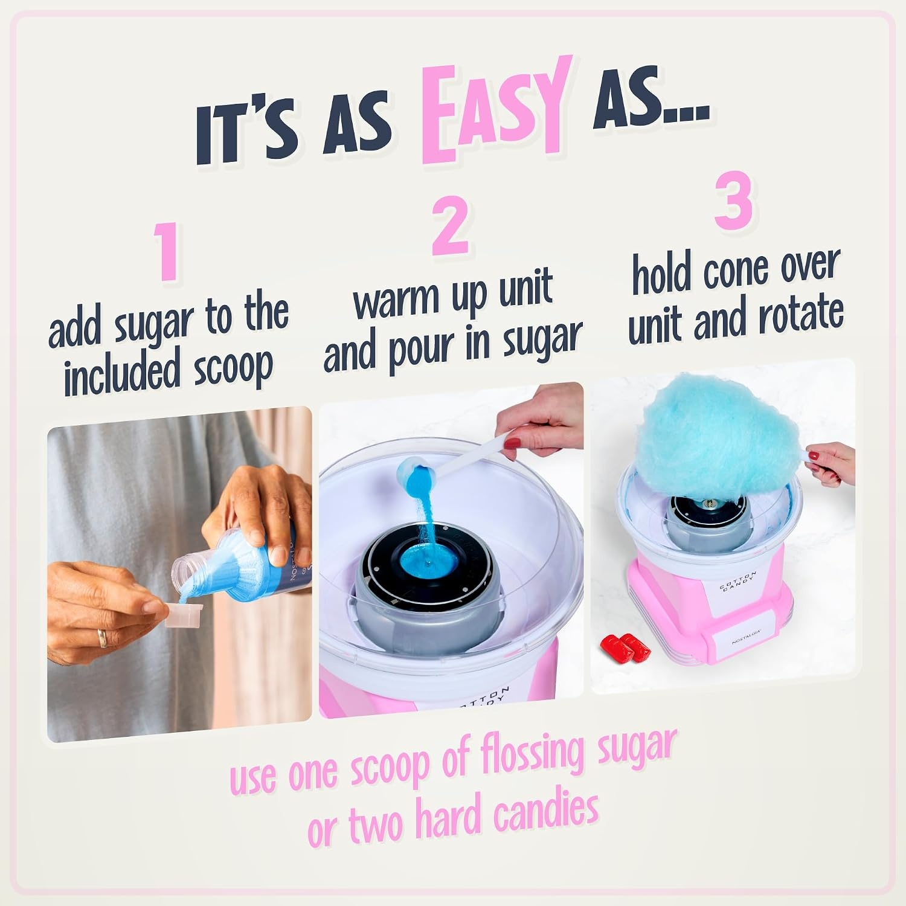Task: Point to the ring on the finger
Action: (x=103, y=637)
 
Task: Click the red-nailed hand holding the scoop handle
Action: (x=535, y=428)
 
